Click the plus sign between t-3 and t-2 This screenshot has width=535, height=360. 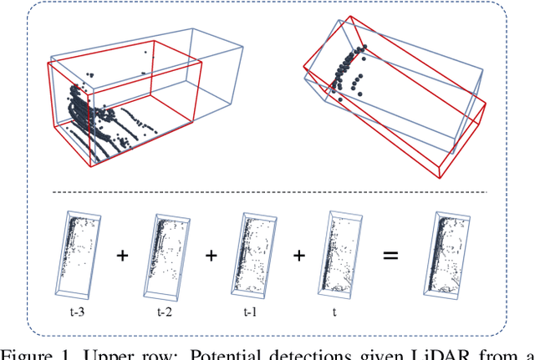123,256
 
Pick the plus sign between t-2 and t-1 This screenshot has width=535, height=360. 211,256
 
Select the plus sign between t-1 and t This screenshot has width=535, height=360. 298,256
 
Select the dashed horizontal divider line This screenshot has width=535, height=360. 267,193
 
